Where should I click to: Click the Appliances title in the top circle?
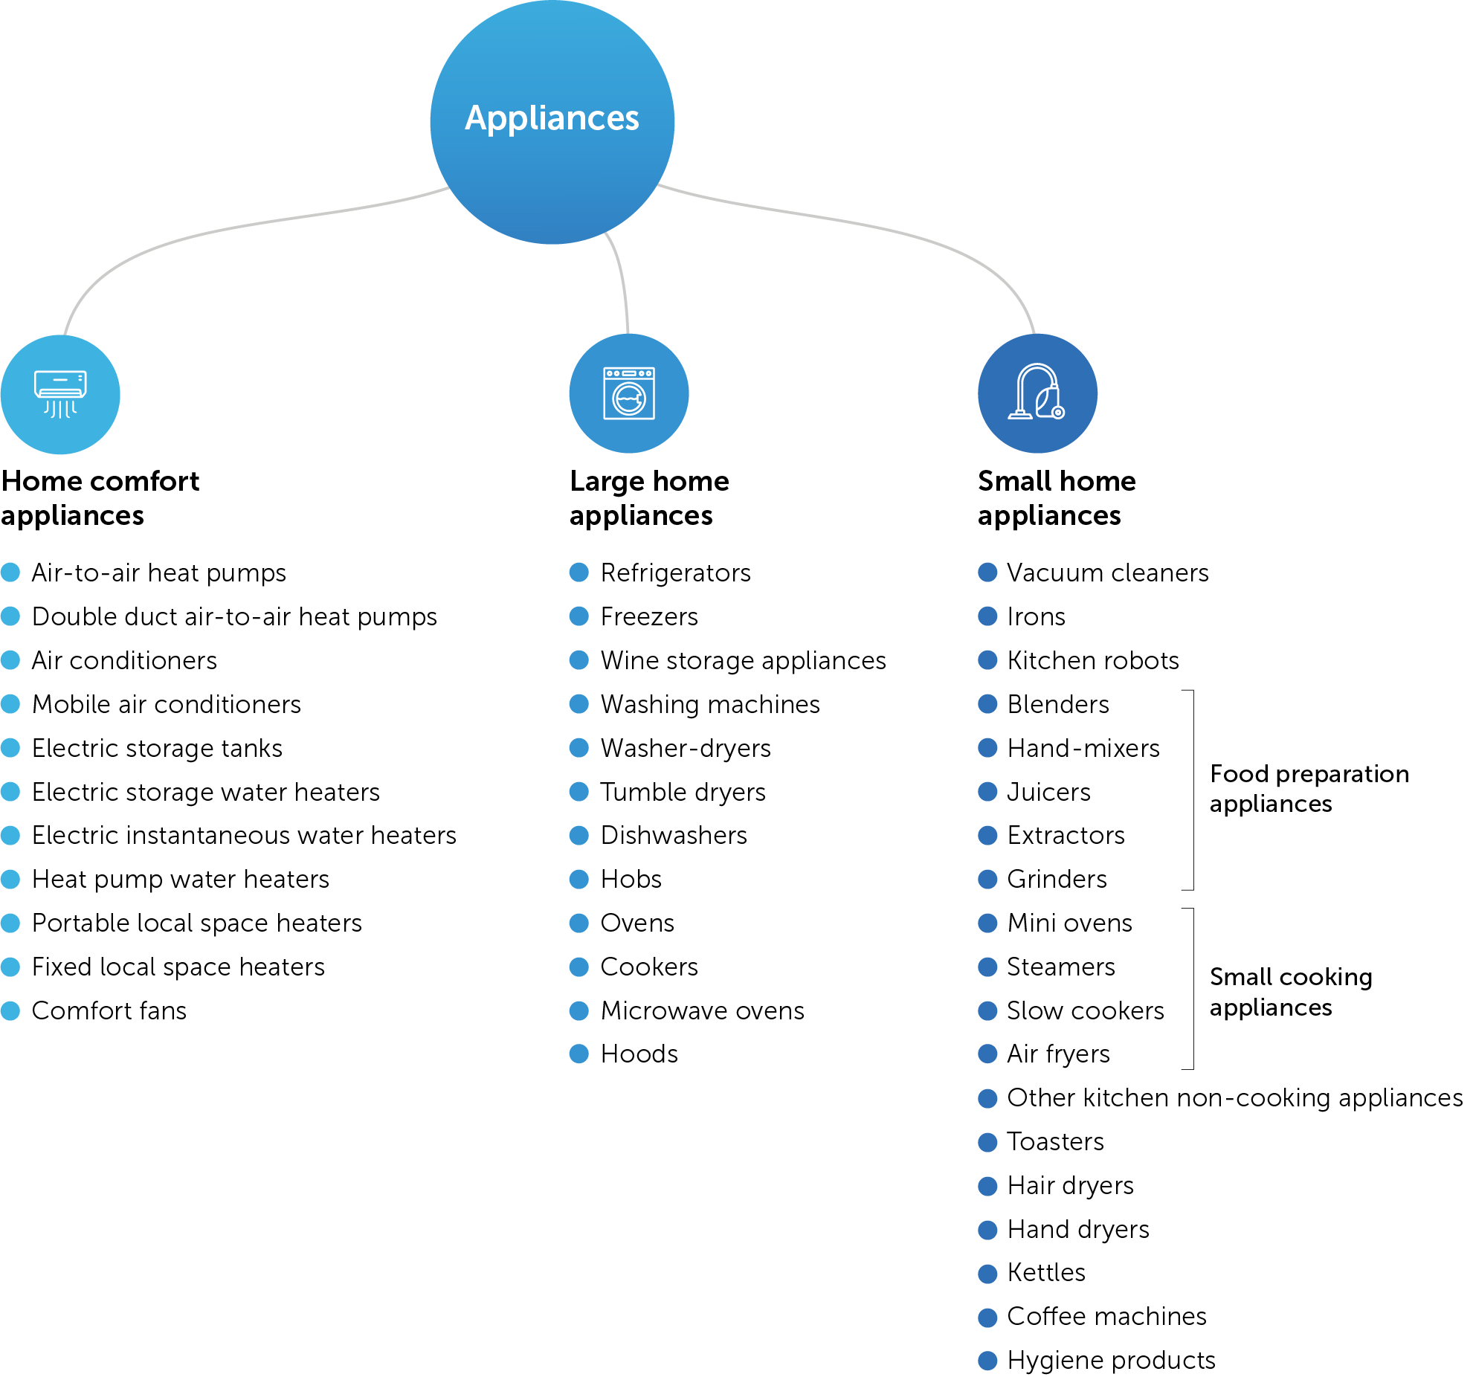click(x=552, y=118)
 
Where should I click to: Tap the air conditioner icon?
click(x=60, y=394)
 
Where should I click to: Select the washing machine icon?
click(x=628, y=393)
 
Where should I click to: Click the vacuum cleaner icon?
click(x=1037, y=393)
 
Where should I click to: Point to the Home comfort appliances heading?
click(x=100, y=497)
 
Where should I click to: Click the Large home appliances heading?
click(x=649, y=497)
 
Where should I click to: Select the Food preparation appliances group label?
click(x=1309, y=788)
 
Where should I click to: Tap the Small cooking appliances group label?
click(x=1291, y=991)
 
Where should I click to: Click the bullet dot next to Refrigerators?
click(x=578, y=573)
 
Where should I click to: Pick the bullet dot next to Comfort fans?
click(x=10, y=1010)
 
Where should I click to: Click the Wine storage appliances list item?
click(x=743, y=660)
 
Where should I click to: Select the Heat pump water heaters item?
click(x=180, y=879)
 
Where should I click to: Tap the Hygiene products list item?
click(x=1111, y=1360)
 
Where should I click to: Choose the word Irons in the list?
click(x=1036, y=616)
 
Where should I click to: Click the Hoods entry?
click(x=639, y=1054)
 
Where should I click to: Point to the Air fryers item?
click(x=1058, y=1054)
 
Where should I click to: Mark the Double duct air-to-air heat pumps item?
click(x=234, y=616)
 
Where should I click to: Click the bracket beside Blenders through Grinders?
click(x=1191, y=790)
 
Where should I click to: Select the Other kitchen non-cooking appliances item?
click(x=1234, y=1097)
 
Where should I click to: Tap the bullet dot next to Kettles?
click(x=987, y=1273)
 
